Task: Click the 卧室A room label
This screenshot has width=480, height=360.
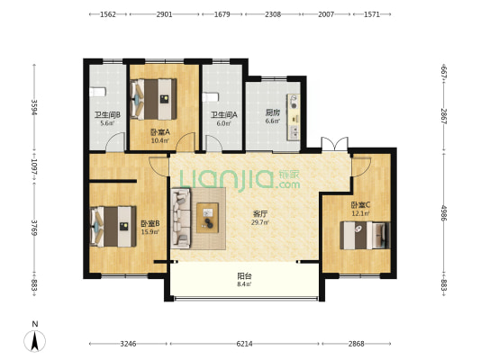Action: [x=160, y=132]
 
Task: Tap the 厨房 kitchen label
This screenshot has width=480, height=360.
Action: [x=273, y=112]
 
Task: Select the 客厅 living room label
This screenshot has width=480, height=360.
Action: [x=260, y=213]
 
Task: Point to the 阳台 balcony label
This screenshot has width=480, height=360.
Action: [x=245, y=276]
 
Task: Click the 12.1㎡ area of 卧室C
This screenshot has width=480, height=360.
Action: [x=360, y=213]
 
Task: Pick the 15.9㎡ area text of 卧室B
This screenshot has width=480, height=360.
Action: [x=150, y=231]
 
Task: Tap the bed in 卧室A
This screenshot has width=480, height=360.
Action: [x=154, y=99]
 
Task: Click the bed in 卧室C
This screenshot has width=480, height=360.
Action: [x=366, y=236]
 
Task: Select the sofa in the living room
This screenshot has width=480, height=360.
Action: [x=181, y=218]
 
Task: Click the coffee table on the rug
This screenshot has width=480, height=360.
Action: [x=207, y=218]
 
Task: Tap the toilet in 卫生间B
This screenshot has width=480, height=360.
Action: [x=97, y=92]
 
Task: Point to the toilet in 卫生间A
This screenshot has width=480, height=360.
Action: [x=211, y=97]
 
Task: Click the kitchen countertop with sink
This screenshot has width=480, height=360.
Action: [x=294, y=117]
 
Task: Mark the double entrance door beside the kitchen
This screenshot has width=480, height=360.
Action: [x=335, y=144]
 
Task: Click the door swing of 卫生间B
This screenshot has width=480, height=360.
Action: [x=115, y=142]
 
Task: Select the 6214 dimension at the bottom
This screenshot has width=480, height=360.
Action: [x=245, y=344]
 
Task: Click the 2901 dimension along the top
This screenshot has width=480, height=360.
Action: [x=165, y=14]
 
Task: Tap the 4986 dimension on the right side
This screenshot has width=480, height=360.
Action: [x=444, y=213]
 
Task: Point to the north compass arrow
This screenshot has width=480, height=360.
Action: [x=35, y=340]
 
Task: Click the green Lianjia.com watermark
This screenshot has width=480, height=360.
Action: [x=240, y=180]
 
